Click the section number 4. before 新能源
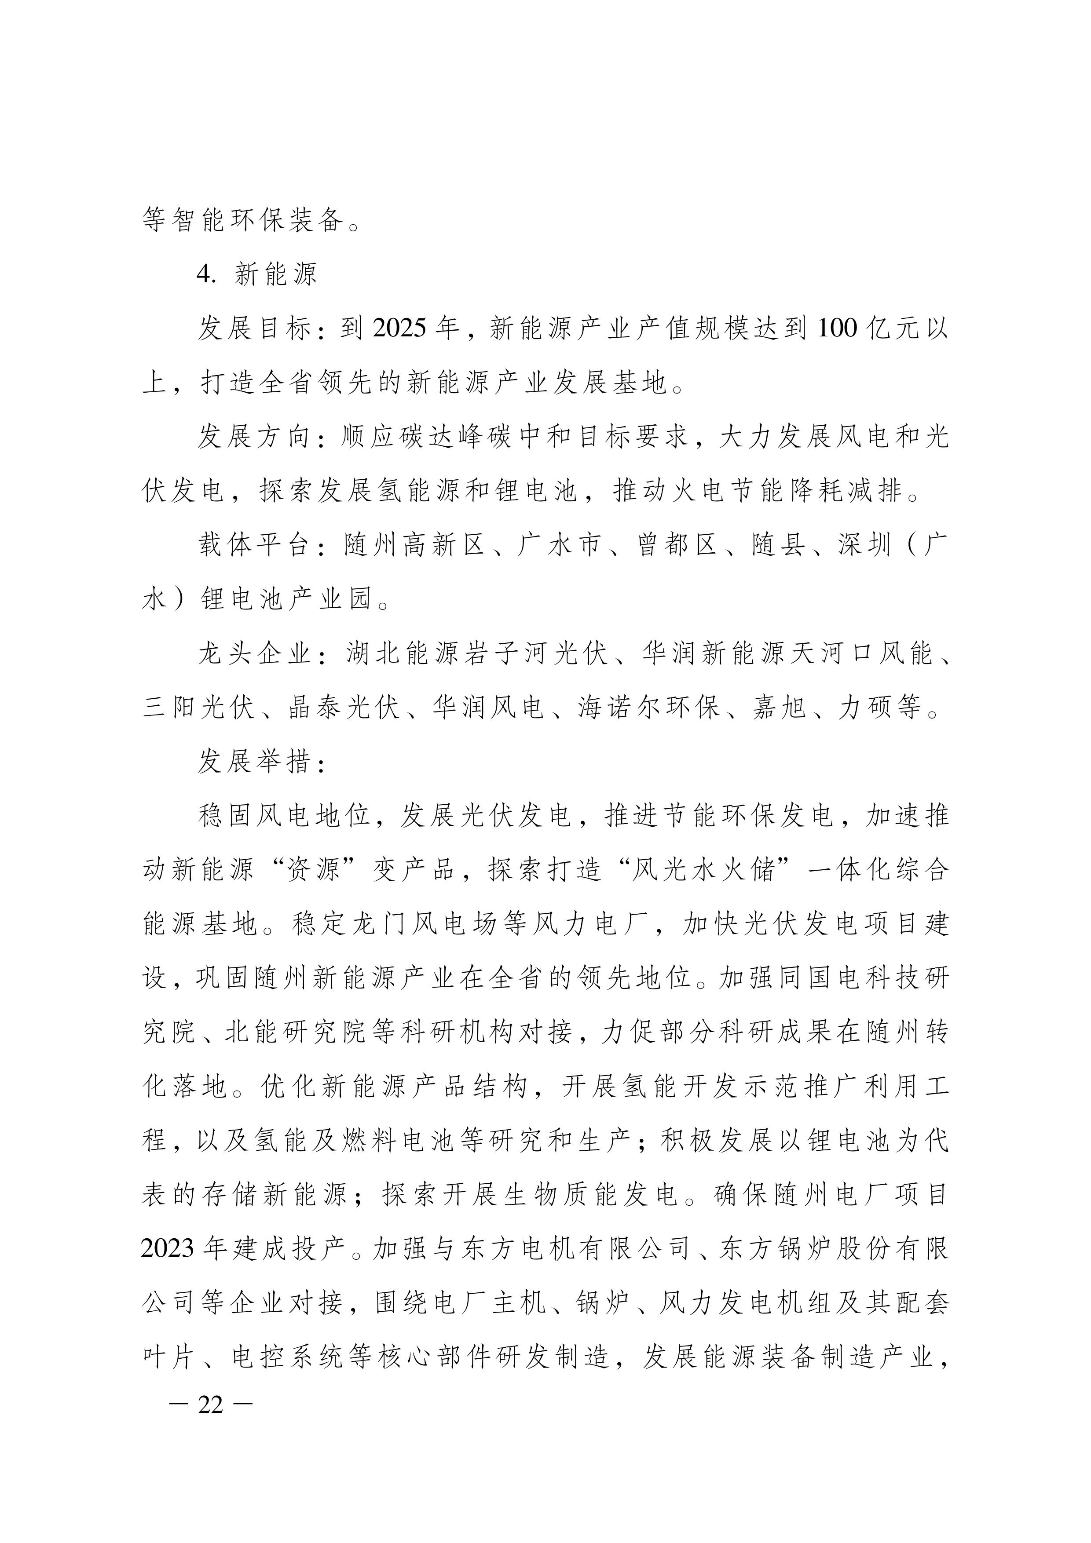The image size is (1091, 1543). point(206,274)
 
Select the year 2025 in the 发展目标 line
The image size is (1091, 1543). point(399,328)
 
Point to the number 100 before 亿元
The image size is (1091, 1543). point(838,328)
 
